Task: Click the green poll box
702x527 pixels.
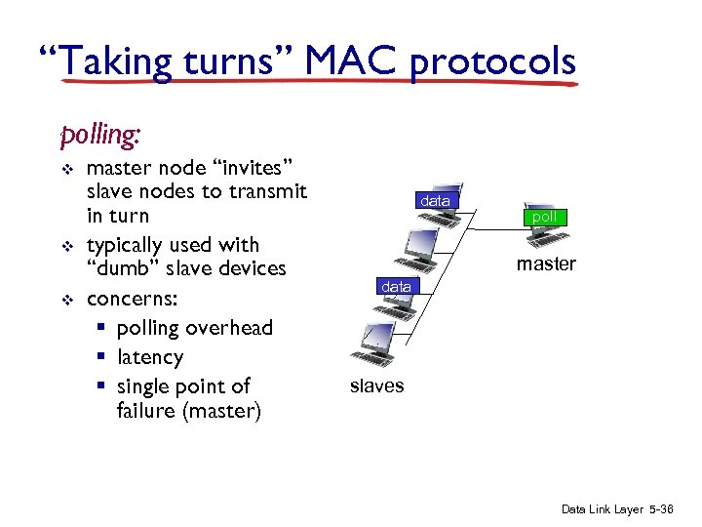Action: [544, 217]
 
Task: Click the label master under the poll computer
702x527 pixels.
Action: [546, 263]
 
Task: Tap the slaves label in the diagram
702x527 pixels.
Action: [376, 385]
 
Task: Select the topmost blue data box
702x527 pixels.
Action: [435, 201]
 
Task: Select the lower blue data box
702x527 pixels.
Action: [396, 287]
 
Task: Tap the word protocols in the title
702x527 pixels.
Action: [492, 63]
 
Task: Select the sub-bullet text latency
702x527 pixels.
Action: [150, 357]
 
